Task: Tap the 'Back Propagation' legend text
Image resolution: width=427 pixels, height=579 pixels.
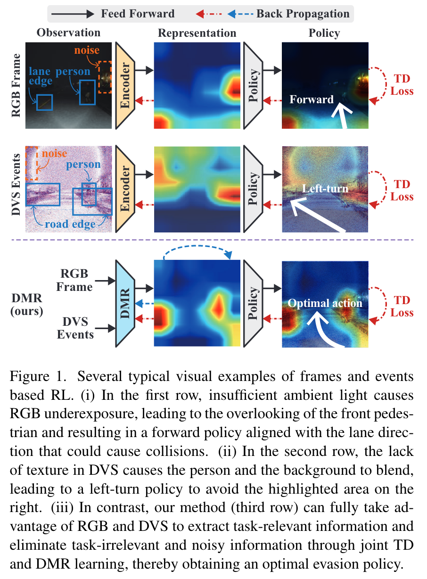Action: [303, 13]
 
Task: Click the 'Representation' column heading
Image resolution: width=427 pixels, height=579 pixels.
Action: [197, 33]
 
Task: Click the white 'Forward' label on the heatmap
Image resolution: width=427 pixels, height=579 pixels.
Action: [312, 99]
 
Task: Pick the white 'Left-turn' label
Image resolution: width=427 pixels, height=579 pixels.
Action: [325, 189]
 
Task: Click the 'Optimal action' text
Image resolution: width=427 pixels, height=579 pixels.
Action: [325, 303]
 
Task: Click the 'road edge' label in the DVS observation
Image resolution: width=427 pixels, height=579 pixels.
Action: [70, 224]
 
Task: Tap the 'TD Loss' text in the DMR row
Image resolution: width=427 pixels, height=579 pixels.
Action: [402, 306]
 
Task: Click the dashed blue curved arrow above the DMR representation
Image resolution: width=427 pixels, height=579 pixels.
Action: [197, 253]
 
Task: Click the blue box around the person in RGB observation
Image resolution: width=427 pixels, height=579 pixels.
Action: [87, 92]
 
